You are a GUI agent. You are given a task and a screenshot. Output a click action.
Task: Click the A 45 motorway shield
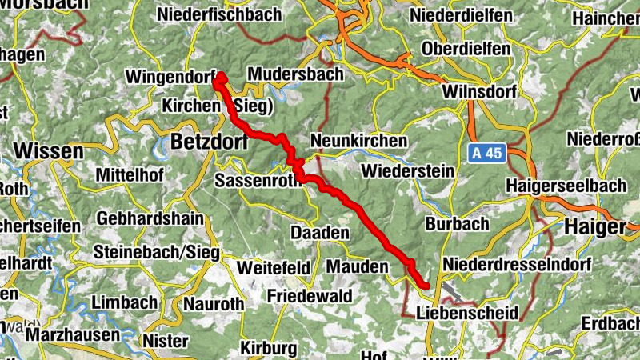[485, 152]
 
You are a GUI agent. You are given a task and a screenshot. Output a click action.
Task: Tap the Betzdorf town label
[210, 142]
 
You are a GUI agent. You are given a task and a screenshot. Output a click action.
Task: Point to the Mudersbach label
[295, 74]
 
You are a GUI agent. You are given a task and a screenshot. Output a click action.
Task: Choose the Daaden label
[319, 233]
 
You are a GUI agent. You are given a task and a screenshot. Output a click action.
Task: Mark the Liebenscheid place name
[468, 311]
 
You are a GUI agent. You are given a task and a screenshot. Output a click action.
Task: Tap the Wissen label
[48, 151]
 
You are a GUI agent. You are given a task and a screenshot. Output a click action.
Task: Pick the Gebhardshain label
[150, 218]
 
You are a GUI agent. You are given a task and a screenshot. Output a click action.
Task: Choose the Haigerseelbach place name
[566, 185]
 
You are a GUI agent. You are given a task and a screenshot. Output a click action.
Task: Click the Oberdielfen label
[466, 49]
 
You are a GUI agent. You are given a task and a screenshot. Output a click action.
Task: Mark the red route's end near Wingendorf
[218, 78]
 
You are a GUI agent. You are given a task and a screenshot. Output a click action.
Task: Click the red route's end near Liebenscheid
[425, 285]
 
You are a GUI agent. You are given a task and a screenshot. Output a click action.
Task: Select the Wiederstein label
[407, 170]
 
